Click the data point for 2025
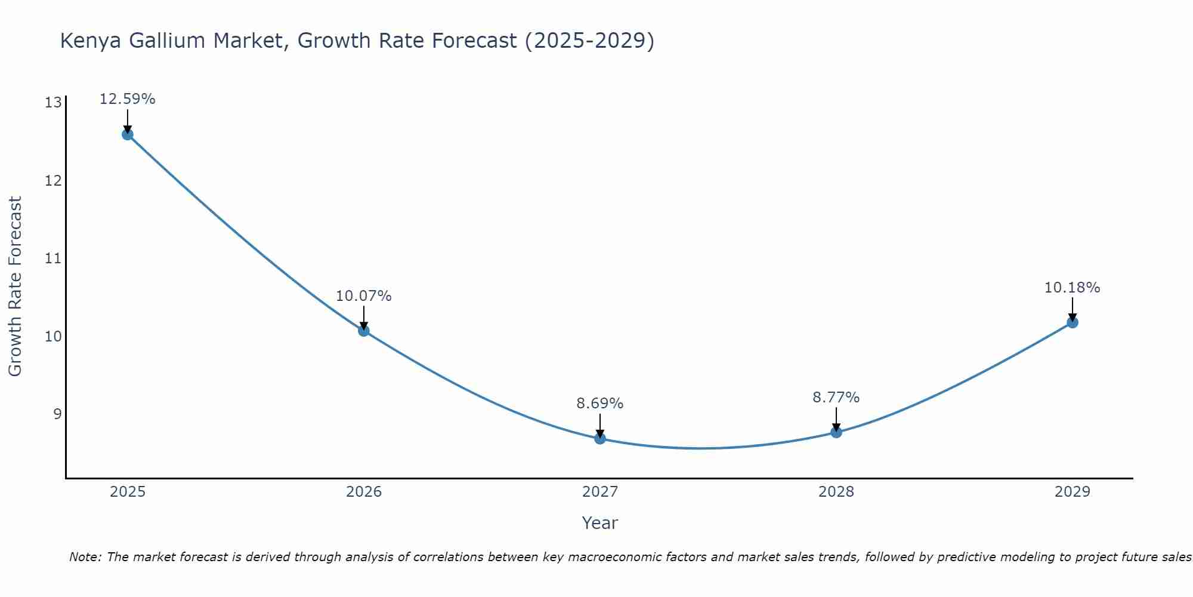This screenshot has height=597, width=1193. click(127, 134)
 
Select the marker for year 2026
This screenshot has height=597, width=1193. click(363, 330)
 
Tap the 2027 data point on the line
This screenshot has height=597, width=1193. click(599, 438)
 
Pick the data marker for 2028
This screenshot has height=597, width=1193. click(836, 432)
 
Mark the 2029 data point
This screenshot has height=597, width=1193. click(1072, 322)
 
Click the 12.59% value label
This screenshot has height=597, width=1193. click(127, 99)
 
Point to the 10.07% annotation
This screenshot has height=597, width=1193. click(363, 296)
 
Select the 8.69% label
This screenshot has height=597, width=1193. click(599, 404)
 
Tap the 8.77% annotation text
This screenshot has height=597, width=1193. click(836, 398)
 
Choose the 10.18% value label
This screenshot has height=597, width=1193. click(1072, 288)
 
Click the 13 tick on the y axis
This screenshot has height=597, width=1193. click(53, 103)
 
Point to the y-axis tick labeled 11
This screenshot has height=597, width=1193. click(53, 259)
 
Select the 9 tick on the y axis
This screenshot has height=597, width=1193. click(57, 414)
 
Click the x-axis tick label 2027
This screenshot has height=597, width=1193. click(599, 492)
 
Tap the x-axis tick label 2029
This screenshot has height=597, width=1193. click(1072, 492)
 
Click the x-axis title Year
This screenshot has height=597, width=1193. click(599, 523)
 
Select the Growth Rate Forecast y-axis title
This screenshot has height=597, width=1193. click(15, 287)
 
